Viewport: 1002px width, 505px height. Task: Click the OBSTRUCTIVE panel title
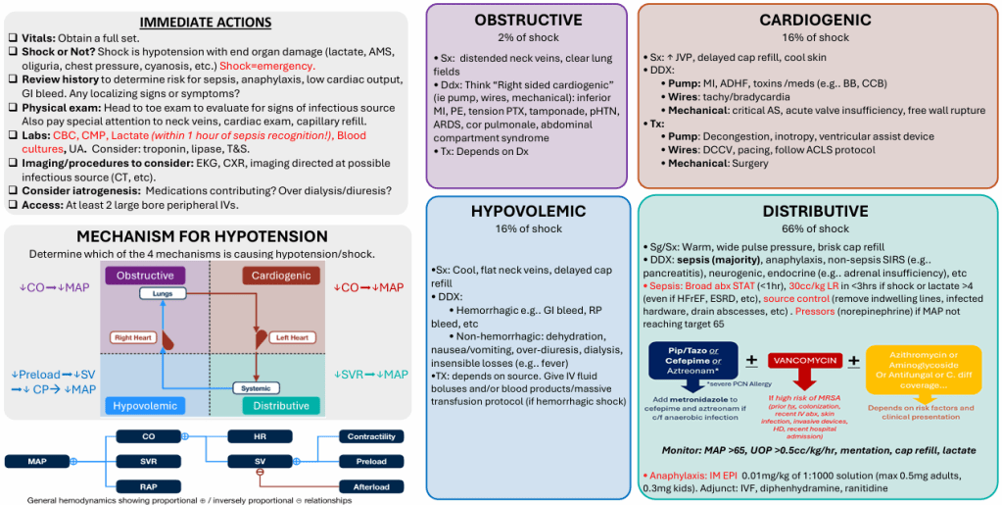[527, 20]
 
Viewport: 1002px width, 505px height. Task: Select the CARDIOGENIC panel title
[816, 20]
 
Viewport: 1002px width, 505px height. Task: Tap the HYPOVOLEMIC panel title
[527, 211]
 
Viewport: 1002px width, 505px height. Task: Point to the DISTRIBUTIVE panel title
[818, 211]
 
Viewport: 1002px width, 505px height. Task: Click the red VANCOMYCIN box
[807, 361]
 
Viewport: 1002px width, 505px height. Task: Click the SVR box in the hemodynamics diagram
[149, 461]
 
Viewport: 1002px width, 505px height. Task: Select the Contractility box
[370, 435]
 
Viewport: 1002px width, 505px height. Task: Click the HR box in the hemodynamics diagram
[260, 435]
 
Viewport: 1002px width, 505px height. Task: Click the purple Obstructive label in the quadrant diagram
[145, 276]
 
